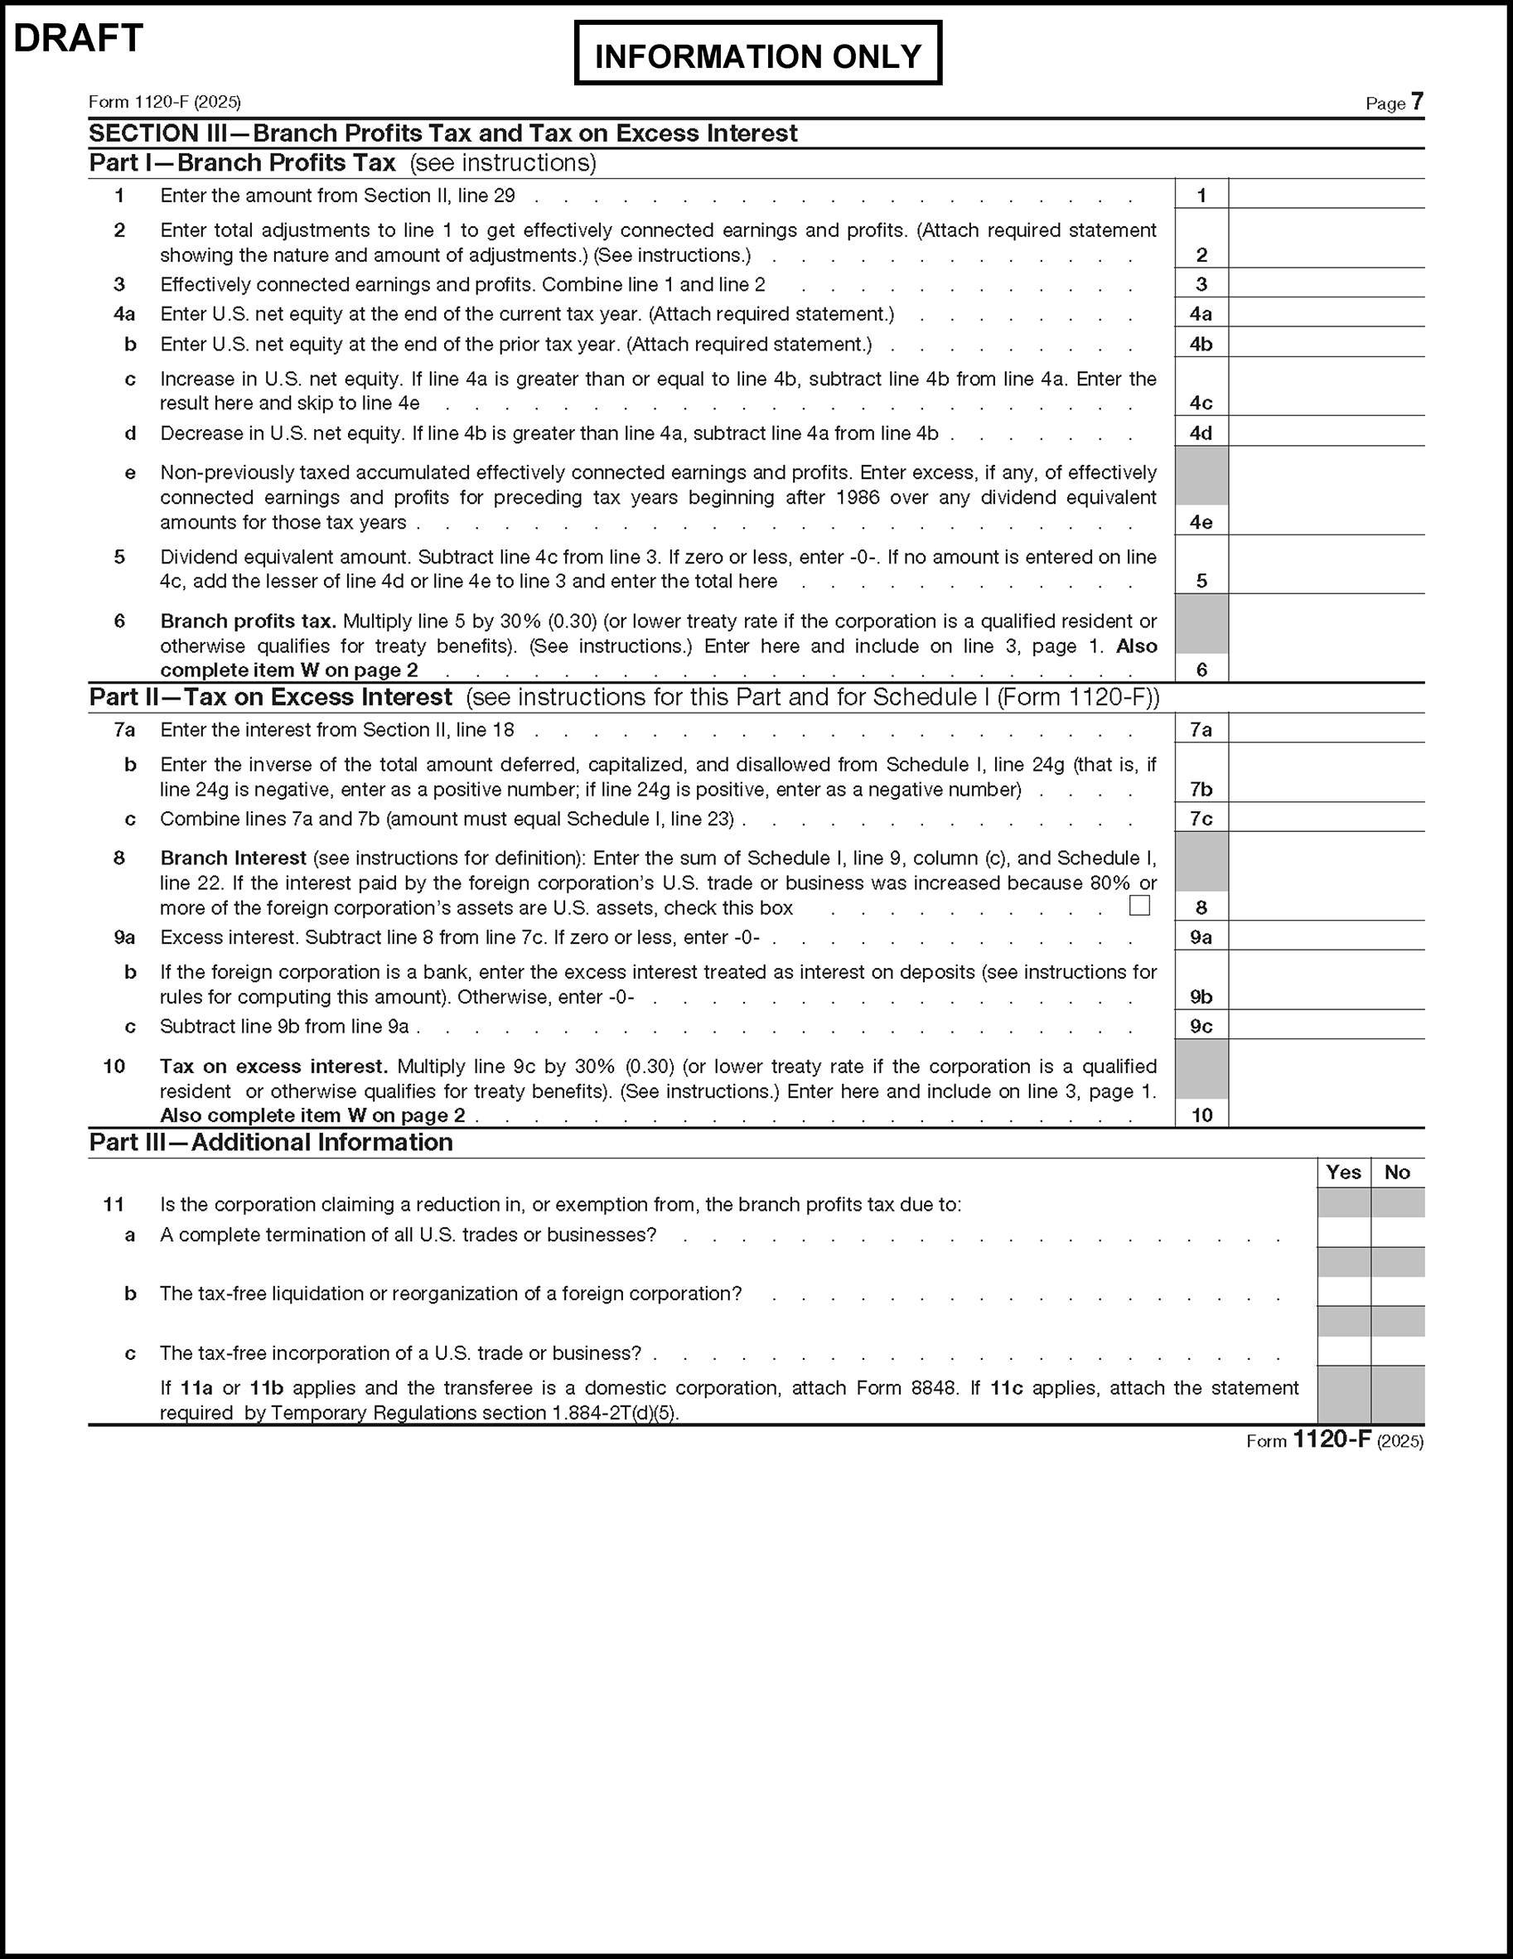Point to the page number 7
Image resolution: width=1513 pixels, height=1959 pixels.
(1417, 101)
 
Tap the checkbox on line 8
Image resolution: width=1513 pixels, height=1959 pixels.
(1139, 905)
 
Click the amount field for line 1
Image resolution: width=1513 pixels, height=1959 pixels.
(1326, 195)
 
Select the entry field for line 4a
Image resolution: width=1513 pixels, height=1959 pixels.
(1326, 313)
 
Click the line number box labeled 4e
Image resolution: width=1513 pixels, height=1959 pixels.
(1201, 521)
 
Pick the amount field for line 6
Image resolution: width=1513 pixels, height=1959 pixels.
(1326, 668)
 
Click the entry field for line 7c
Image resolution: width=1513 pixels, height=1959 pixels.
(1326, 818)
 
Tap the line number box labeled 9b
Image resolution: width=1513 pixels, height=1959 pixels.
(1201, 997)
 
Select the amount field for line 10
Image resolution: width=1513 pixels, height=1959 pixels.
(1326, 1114)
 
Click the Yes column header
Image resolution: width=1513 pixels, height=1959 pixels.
(1343, 1173)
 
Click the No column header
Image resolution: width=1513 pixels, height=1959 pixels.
(1397, 1173)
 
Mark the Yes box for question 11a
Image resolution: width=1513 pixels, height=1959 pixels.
(1343, 1233)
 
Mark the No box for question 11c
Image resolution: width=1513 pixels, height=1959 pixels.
(1397, 1352)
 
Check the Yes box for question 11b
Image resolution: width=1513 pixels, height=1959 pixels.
(1343, 1293)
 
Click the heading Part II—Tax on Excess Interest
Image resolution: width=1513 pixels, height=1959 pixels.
(271, 697)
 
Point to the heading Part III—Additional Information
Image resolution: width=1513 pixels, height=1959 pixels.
(271, 1142)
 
